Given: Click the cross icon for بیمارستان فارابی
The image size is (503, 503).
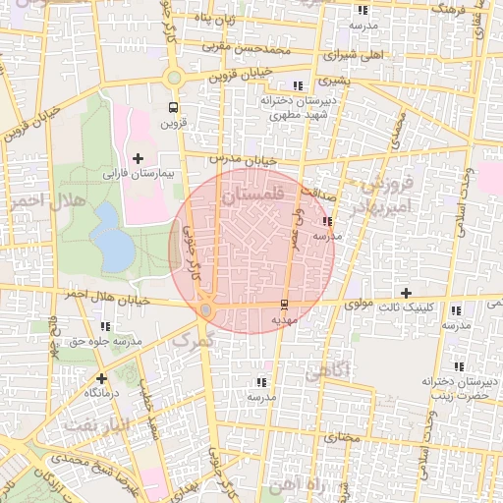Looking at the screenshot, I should (137, 157).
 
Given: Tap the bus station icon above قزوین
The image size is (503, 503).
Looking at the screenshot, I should (174, 108).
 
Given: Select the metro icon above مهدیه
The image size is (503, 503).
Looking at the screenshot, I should (285, 304).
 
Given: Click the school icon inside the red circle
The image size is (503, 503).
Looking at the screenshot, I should (327, 222).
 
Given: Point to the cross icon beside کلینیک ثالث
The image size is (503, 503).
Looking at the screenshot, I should (406, 293).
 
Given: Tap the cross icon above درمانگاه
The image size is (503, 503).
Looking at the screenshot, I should (101, 377).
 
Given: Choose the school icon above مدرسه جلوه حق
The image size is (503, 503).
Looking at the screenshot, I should (105, 326).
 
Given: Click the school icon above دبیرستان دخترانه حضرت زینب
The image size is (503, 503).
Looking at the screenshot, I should (455, 363).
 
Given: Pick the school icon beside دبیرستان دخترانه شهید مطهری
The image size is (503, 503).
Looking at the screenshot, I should (299, 86).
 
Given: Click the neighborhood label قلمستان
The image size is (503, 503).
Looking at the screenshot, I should (252, 196).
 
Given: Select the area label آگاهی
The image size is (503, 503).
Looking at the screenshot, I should (326, 372).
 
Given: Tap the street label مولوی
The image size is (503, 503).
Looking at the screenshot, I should (358, 306).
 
